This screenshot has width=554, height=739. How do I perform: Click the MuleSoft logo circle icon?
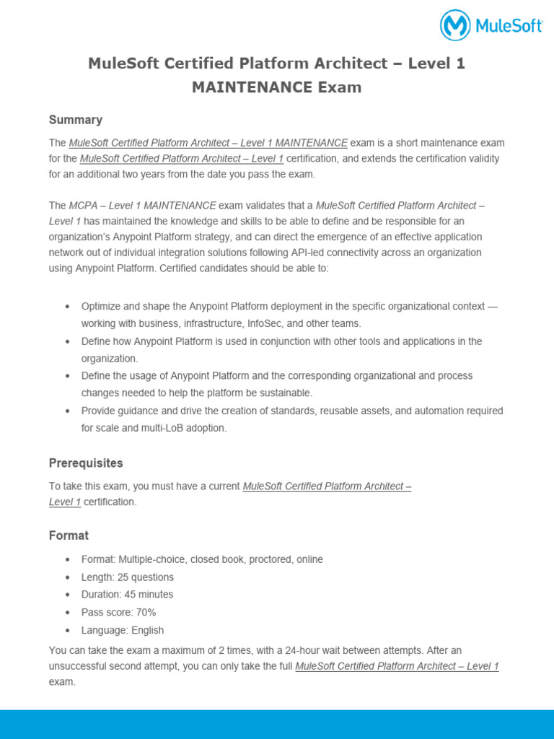[x=455, y=25]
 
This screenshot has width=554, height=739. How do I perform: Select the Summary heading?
[x=76, y=120]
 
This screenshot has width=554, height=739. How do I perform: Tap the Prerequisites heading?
[x=86, y=463]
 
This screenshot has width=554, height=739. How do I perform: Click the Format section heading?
[x=69, y=535]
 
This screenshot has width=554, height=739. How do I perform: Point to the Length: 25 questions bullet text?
[x=128, y=577]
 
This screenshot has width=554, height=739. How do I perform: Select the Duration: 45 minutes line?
[x=128, y=595]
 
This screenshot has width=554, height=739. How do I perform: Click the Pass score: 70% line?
[x=119, y=613]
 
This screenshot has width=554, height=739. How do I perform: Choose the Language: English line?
[x=123, y=630]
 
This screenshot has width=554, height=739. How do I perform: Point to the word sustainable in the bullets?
[x=283, y=393]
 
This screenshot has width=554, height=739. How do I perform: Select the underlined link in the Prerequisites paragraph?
[x=327, y=486]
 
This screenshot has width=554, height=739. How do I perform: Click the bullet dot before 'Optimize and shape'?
[x=68, y=307]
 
